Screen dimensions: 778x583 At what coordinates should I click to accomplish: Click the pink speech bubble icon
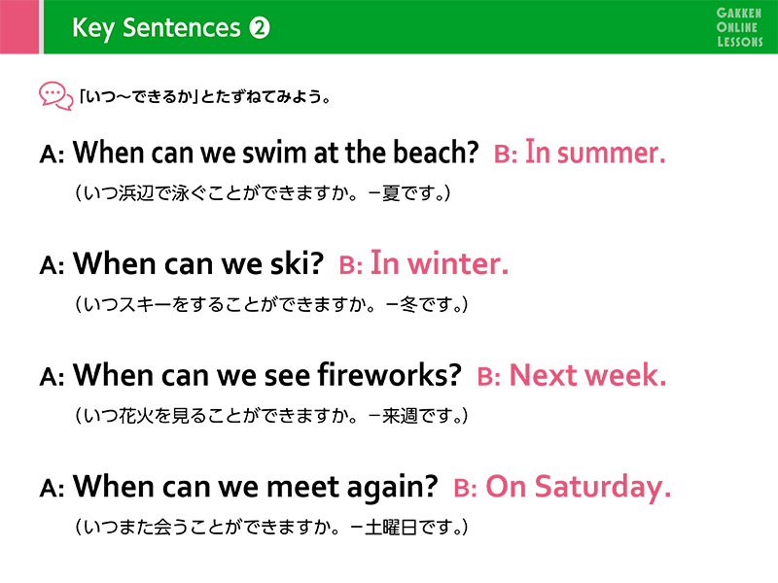[x=55, y=95]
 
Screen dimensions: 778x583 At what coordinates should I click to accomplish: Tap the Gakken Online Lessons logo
[x=739, y=27]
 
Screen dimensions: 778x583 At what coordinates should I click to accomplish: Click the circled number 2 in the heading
[x=260, y=28]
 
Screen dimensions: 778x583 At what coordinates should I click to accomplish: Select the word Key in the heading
[x=92, y=28]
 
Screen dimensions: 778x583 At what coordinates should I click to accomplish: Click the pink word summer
[x=611, y=153]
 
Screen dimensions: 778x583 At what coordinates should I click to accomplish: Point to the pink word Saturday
[x=602, y=488]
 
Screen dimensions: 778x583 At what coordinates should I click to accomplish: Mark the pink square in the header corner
[x=19, y=27]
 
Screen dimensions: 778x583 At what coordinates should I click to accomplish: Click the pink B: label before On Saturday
[x=466, y=488]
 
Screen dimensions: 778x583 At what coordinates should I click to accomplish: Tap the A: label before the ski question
[x=52, y=265]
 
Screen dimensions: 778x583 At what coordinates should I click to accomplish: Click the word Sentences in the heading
[x=181, y=28]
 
